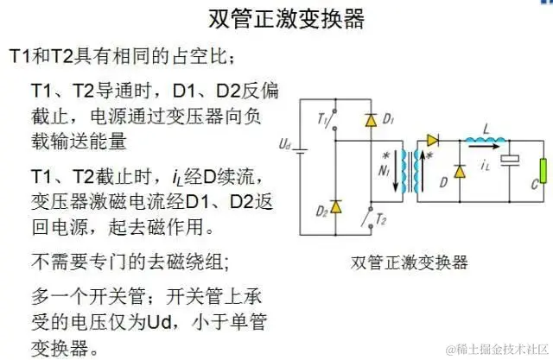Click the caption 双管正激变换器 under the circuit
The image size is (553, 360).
(x=410, y=261)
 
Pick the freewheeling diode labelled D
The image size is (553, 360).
(x=458, y=166)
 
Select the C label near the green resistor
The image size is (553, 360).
(x=535, y=184)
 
